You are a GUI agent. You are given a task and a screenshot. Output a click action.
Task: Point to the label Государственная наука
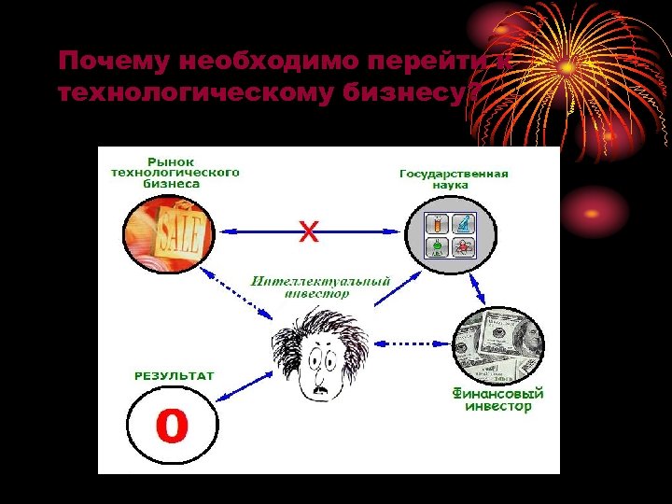454,179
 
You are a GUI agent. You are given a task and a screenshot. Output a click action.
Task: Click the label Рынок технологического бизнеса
175,173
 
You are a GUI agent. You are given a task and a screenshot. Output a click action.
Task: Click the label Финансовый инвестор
497,400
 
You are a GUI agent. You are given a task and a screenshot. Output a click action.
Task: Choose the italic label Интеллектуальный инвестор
320,287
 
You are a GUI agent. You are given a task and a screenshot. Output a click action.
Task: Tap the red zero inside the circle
172,427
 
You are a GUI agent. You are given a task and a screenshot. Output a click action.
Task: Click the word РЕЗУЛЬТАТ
175,376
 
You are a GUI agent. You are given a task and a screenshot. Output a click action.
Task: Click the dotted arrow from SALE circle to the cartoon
243,296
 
